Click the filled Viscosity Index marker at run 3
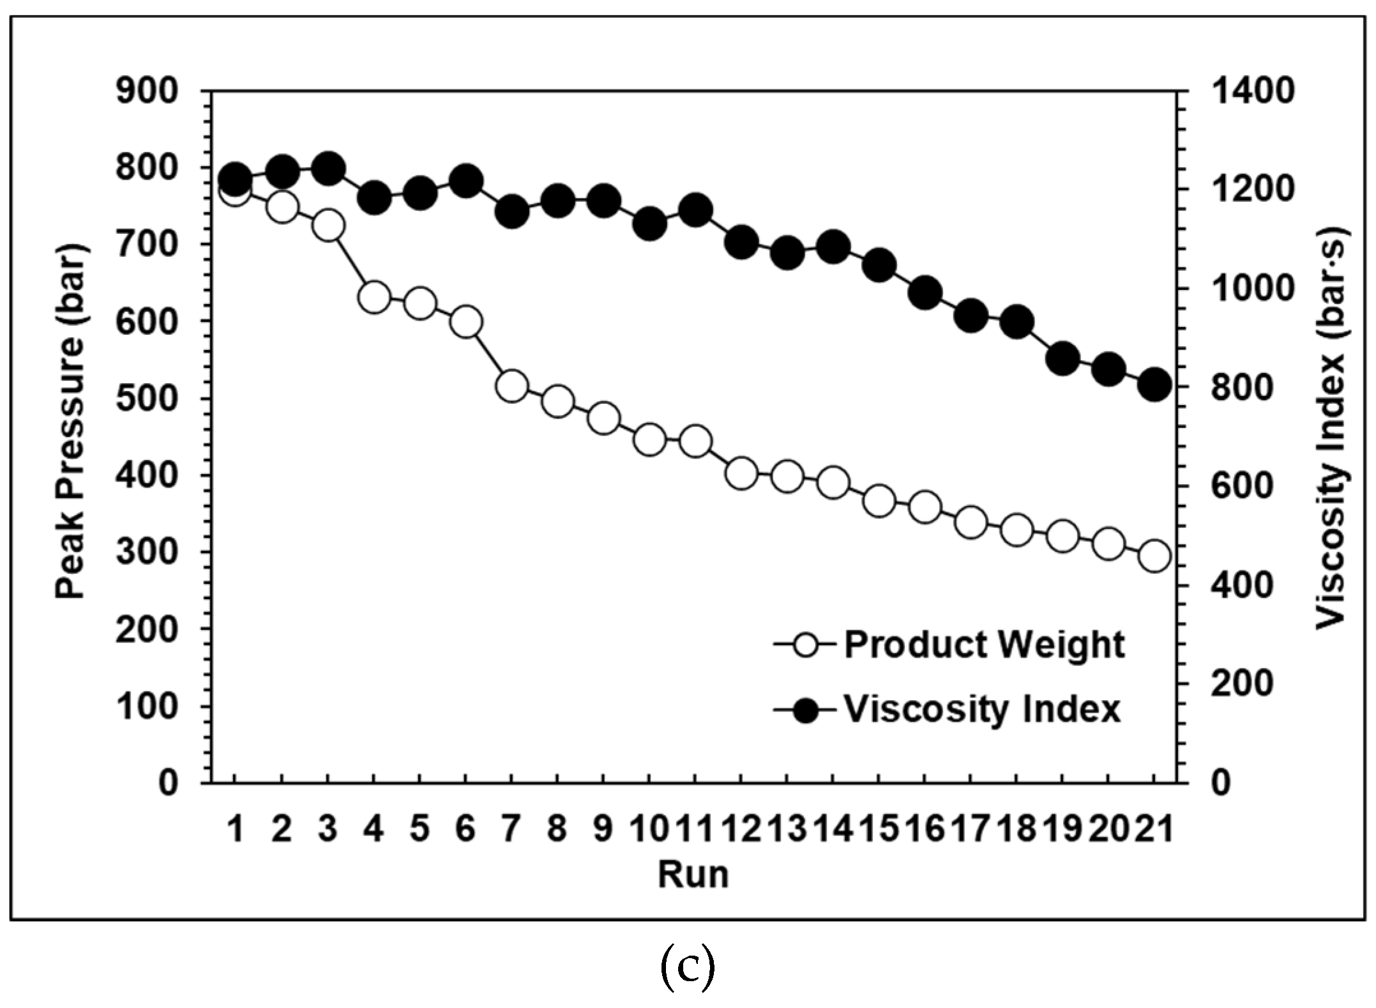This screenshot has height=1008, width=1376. tap(328, 169)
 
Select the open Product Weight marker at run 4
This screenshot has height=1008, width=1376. tap(374, 297)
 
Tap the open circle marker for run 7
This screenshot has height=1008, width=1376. tap(511, 386)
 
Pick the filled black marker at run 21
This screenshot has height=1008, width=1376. tap(1154, 385)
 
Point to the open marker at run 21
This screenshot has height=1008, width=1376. tap(1154, 556)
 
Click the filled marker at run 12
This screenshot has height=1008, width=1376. tap(741, 242)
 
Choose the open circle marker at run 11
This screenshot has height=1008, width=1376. tap(695, 441)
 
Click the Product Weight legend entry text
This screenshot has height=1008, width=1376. tap(984, 645)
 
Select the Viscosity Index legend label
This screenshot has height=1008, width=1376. tap(982, 709)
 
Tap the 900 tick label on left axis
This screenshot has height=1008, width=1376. tap(147, 91)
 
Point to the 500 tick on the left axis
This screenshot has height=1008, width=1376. tap(147, 399)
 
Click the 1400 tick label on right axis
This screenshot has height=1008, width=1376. tap(1252, 91)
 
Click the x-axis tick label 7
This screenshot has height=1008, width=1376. tap(511, 829)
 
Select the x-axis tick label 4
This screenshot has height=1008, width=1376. tap(374, 829)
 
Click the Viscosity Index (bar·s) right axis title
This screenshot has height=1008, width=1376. tap(1331, 428)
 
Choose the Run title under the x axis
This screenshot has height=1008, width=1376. tap(693, 874)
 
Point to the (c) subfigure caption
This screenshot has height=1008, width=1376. tap(687, 968)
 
